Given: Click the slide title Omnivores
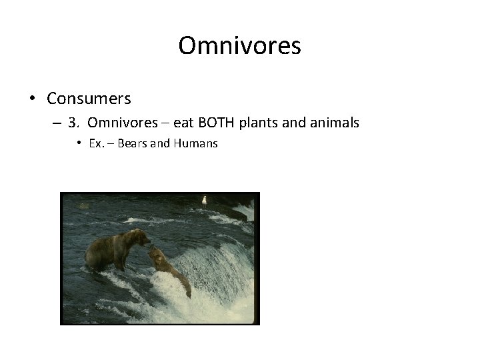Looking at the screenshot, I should (240, 46).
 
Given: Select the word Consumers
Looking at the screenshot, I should (89, 99).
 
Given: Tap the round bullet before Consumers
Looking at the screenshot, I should (32, 99).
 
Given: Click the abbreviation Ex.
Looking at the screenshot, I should (95, 143).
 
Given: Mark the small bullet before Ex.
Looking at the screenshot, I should (79, 143).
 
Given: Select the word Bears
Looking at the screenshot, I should (132, 143).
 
